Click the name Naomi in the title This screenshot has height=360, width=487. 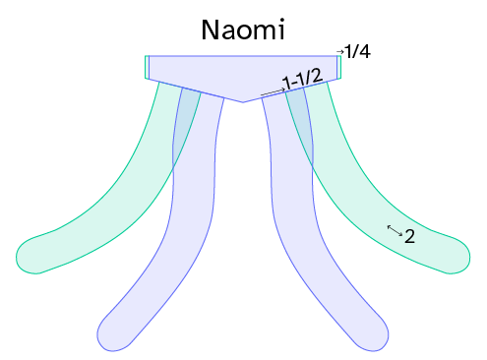click(x=243, y=30)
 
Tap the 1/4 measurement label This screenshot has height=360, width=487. click(x=357, y=52)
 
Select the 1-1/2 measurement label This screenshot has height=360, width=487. click(x=303, y=79)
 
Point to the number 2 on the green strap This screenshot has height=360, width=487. click(x=409, y=236)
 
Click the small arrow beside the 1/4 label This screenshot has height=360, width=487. click(x=340, y=52)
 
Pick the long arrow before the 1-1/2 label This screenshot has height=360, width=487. click(x=274, y=92)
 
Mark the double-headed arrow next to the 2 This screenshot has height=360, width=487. click(x=395, y=230)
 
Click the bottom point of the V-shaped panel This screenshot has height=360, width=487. click(x=243, y=102)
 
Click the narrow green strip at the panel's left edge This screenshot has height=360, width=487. click(x=147, y=67)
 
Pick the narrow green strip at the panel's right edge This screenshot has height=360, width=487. click(x=339, y=67)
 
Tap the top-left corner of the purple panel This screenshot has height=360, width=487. click(x=150, y=56)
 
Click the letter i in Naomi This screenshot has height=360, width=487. click(x=281, y=30)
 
